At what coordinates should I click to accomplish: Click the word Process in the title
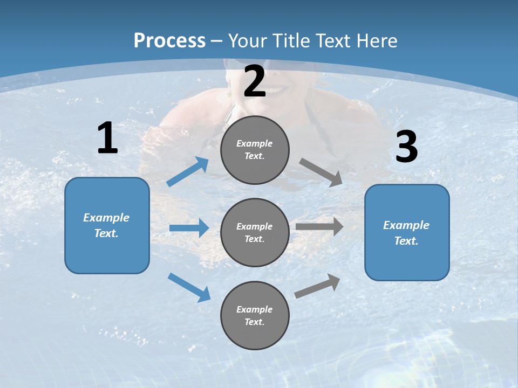tap(169, 41)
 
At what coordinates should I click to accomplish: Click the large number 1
tap(107, 138)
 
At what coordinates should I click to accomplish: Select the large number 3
tap(406, 147)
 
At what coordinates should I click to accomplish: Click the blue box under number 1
tap(107, 225)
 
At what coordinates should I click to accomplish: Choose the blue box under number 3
tap(407, 233)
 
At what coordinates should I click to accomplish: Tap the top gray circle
tap(255, 150)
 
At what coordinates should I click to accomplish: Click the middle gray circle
tap(255, 232)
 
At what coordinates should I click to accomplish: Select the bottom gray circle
tap(255, 315)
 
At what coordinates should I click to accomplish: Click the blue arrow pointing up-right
tap(188, 171)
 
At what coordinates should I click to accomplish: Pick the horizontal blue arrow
tap(189, 228)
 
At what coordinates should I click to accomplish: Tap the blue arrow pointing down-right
tap(189, 287)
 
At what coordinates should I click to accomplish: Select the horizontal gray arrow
tap(319, 226)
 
